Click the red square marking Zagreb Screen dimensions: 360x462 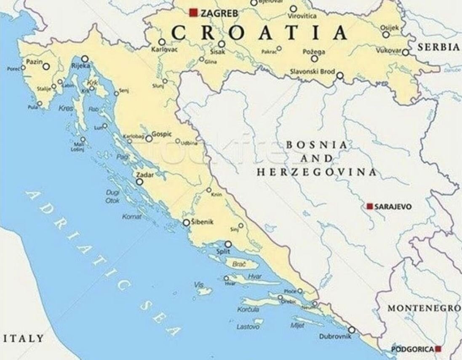point(193,13)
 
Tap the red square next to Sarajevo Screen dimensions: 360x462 point(370,206)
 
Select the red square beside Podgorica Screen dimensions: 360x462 point(438,349)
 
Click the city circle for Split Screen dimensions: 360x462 point(228,244)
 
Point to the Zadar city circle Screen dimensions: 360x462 point(139,182)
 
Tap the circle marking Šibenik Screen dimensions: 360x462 point(186,223)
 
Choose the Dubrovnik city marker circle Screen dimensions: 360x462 point(352,330)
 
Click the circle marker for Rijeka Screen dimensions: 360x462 point(85,59)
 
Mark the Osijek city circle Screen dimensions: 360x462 point(386,35)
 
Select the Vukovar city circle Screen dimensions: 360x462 point(405,52)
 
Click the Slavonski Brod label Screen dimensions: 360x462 point(312,72)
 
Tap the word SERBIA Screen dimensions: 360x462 point(438,47)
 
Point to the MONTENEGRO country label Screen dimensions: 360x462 point(424,308)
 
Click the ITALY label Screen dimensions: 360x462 point(23,338)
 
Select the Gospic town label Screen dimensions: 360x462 point(162,134)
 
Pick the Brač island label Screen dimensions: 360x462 point(239,264)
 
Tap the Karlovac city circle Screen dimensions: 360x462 point(162,42)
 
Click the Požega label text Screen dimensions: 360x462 point(314,52)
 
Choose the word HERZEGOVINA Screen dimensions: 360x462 point(317,172)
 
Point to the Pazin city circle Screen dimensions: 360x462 point(46,67)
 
